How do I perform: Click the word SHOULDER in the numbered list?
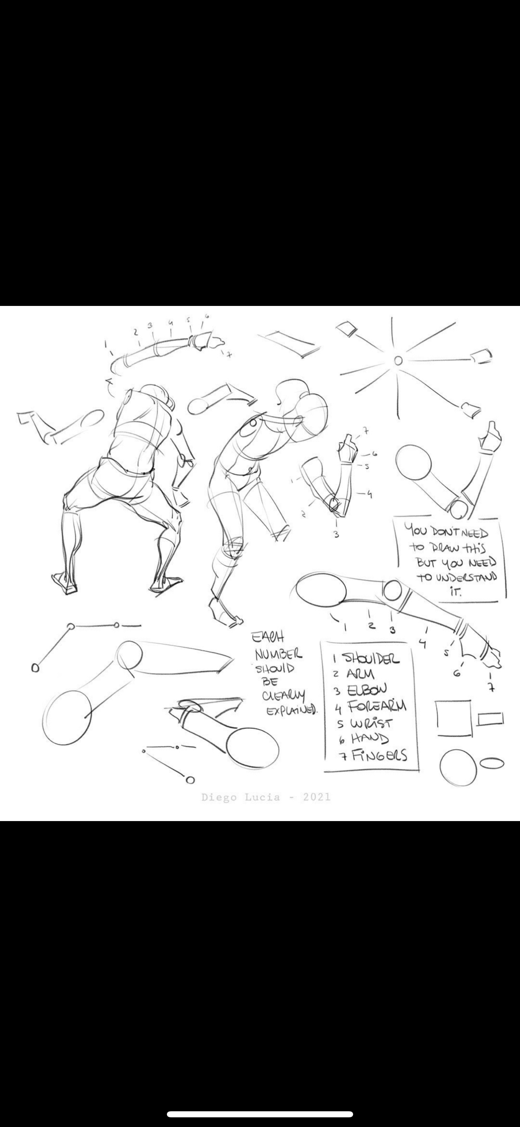[371, 659]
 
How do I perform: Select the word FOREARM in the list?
[377, 706]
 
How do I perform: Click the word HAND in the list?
[370, 738]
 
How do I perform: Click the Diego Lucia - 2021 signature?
[266, 797]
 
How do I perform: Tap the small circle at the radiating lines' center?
[398, 360]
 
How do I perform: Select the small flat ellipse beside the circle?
[492, 763]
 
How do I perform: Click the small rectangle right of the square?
[490, 719]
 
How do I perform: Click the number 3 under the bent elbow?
[336, 534]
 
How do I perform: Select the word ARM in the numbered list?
[360, 674]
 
